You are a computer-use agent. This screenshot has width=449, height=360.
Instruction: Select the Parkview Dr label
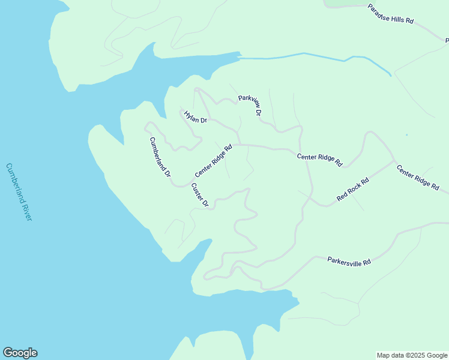coord(250,105)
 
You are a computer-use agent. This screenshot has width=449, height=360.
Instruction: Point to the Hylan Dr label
coord(195,116)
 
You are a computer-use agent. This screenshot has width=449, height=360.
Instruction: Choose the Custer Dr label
coord(200,195)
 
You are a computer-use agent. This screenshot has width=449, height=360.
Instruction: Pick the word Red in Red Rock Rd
coord(342,196)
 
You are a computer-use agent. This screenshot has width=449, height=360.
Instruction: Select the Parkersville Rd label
coord(349,261)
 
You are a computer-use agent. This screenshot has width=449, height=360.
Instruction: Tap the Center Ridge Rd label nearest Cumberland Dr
coord(213,160)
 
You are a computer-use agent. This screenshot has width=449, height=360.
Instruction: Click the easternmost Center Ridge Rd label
coord(418,178)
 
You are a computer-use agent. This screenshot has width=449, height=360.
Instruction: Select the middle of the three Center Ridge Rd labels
coord(319,160)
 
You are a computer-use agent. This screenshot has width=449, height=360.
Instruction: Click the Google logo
coord(20,353)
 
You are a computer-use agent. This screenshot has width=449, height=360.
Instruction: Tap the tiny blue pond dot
coord(406,135)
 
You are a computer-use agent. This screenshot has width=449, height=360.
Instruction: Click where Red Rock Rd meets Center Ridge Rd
coord(394,161)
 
